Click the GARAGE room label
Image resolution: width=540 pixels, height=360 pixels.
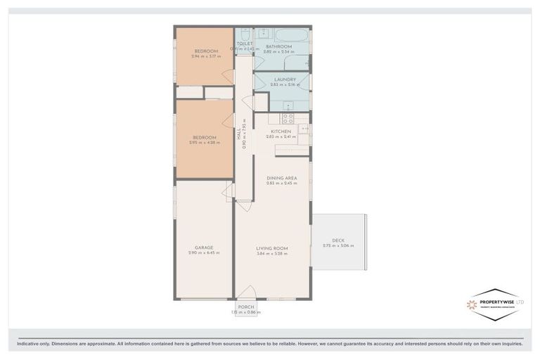click(204, 247)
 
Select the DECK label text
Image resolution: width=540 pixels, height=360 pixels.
click(338, 240)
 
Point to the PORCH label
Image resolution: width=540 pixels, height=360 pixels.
click(246, 307)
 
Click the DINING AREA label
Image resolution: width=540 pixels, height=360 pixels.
click(281, 178)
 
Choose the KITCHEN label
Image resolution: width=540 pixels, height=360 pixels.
click(281, 131)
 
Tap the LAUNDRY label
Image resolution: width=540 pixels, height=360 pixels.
click(285, 79)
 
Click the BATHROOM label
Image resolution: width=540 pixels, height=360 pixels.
click(278, 46)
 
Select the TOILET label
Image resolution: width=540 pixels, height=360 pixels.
click(244, 44)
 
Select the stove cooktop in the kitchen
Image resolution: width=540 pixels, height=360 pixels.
click(287, 119)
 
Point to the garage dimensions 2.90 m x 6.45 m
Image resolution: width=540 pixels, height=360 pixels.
click(204, 253)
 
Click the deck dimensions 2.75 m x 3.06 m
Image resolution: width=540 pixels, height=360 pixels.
click(338, 246)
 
